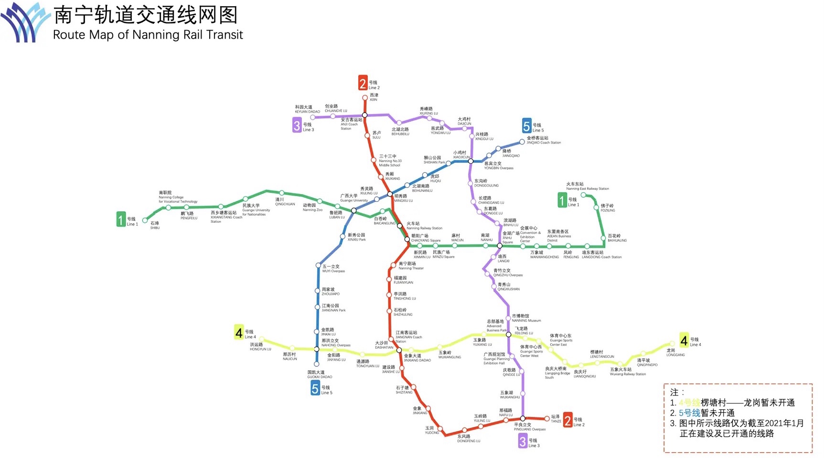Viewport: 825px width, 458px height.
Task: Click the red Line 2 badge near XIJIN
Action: click(363, 83)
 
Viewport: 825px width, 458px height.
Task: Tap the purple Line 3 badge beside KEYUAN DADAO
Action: click(297, 125)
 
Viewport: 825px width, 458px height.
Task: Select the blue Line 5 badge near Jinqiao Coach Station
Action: click(526, 126)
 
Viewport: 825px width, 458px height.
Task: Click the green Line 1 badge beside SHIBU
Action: click(121, 219)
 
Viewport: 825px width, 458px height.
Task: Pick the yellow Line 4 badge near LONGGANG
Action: click(684, 340)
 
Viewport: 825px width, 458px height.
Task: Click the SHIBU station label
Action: click(155, 225)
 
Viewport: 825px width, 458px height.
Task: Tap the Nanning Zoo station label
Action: click(312, 208)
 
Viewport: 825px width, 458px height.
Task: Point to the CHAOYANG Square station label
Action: click(426, 238)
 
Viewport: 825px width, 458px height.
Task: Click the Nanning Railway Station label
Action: click(424, 226)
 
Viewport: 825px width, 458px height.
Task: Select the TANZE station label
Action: click(556, 418)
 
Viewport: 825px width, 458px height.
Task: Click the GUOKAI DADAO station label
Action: click(319, 375)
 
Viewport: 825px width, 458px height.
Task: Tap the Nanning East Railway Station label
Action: click(587, 186)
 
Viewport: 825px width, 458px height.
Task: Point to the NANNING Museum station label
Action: click(526, 318)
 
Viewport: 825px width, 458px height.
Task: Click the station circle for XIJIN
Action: click(365, 98)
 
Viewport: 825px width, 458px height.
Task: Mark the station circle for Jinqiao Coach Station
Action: click(522, 142)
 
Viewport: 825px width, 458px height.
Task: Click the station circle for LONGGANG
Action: click(672, 343)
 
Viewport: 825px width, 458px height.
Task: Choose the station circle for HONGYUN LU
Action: click(262, 340)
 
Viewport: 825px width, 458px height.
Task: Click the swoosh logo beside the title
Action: click(25, 23)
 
